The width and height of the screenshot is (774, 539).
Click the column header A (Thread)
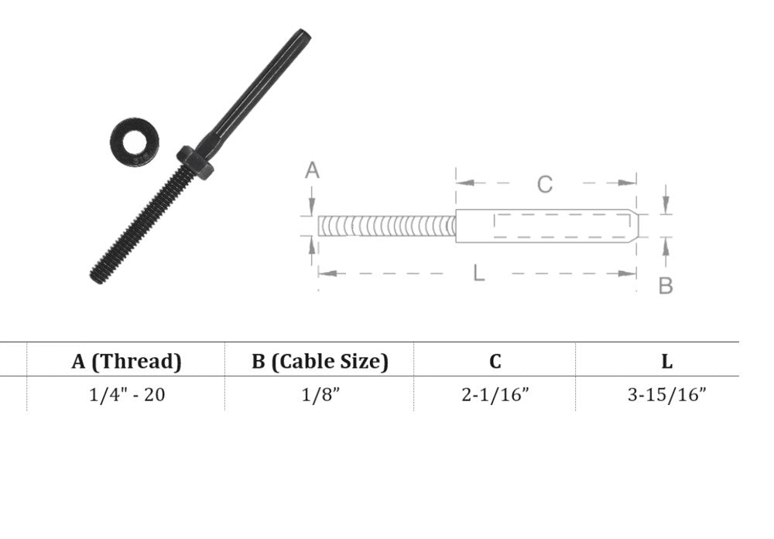tap(126, 361)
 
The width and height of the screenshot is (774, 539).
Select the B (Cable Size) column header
tap(320, 361)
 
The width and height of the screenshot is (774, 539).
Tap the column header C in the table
tap(495, 362)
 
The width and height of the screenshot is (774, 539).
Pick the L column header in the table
tap(667, 362)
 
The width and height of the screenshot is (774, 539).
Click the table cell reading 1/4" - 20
tap(127, 395)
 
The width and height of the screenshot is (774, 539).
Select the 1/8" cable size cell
tap(321, 395)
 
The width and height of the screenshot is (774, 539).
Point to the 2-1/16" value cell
tap(495, 395)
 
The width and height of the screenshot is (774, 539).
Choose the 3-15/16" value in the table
tap(667, 395)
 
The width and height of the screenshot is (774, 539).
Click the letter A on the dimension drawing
tap(312, 170)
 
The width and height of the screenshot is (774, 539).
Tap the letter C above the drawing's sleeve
tap(544, 184)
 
